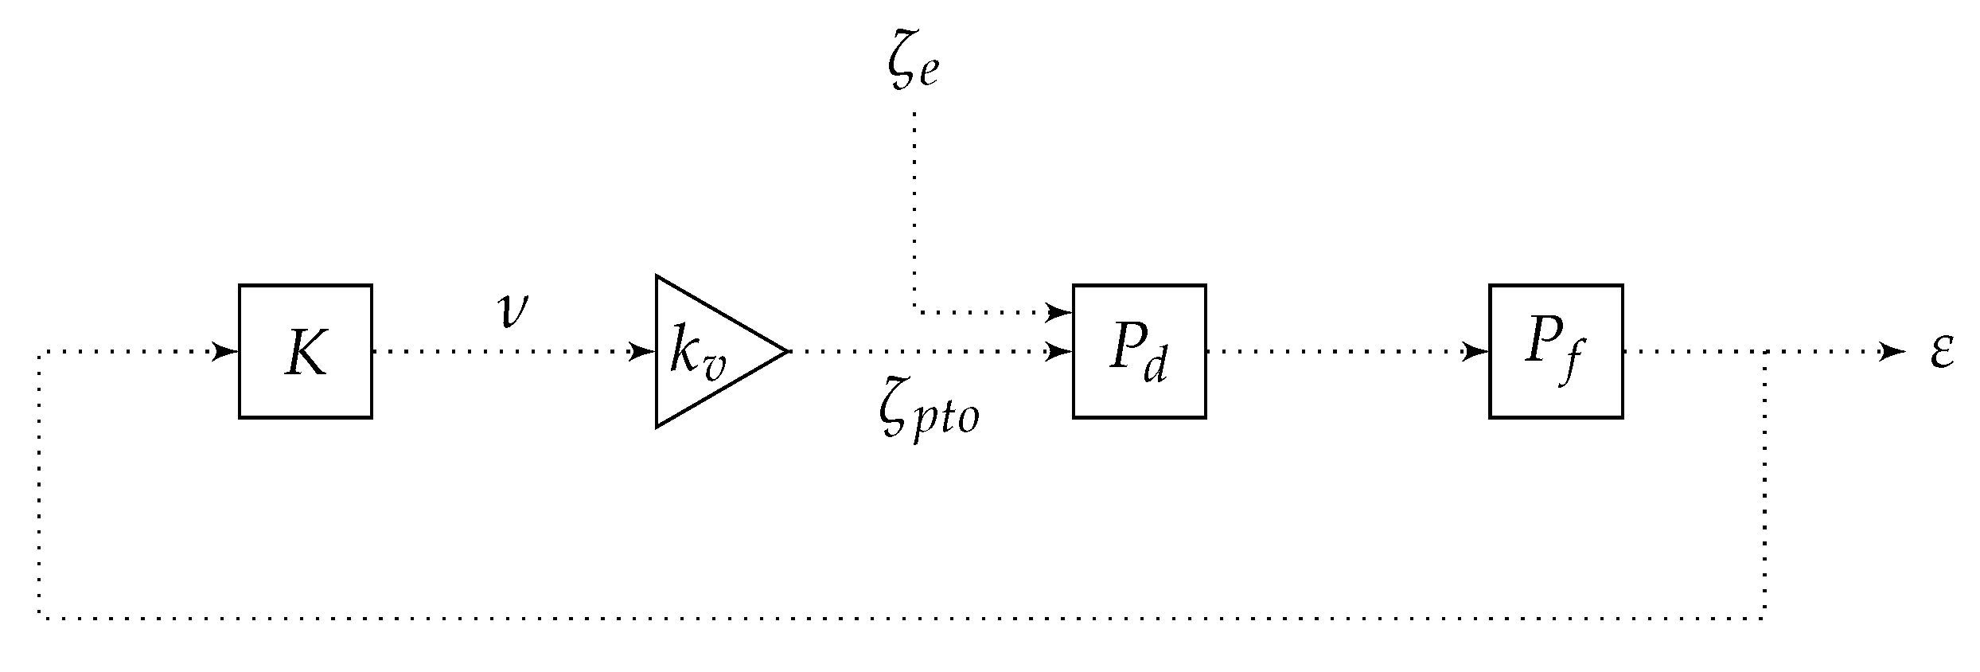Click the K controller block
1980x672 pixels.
click(306, 351)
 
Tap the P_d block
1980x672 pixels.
click(1139, 351)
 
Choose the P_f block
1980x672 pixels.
click(1556, 351)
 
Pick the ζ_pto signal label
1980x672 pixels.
click(928, 416)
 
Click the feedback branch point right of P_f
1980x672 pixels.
click(1766, 351)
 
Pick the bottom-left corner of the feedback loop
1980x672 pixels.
click(39, 617)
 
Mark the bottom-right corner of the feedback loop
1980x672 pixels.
click(1766, 617)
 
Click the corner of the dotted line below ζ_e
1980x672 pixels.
click(914, 311)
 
